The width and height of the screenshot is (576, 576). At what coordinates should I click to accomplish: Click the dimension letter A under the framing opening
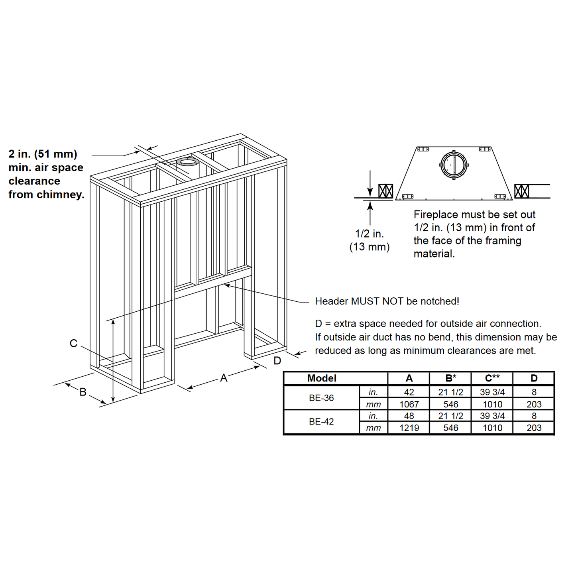[224, 378]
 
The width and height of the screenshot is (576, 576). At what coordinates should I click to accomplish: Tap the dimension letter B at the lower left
[83, 392]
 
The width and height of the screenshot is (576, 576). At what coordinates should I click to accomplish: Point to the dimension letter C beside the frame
[73, 343]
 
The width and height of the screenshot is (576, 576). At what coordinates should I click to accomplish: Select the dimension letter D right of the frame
[277, 361]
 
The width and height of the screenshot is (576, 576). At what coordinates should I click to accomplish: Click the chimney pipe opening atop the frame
[188, 162]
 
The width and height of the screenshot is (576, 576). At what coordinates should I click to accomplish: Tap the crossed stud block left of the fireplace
[385, 191]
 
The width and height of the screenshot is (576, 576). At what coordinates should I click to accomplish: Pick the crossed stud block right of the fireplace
[522, 191]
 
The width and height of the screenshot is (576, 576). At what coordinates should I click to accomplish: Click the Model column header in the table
[322, 378]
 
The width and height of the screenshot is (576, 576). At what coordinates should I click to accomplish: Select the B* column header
[451, 378]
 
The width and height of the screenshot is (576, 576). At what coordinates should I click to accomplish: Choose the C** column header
[492, 378]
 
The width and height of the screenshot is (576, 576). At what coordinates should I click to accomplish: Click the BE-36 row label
[321, 398]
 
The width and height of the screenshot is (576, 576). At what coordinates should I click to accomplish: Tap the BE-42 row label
[321, 421]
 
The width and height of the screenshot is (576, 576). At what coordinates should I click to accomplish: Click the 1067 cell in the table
[409, 404]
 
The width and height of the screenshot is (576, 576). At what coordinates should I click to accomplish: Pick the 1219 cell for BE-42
[409, 428]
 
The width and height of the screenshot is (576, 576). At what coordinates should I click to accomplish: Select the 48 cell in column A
[409, 416]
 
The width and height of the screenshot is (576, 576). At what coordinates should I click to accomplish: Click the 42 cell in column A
[409, 392]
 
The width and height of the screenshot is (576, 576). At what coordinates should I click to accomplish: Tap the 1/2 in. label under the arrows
[370, 234]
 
